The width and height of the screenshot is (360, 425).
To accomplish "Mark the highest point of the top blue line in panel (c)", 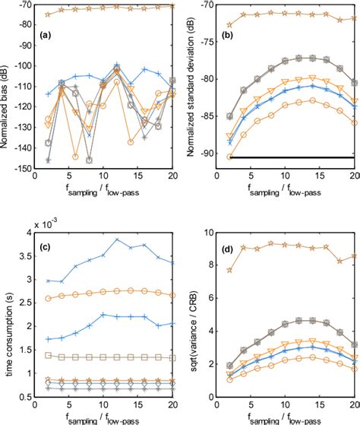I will point(117,239).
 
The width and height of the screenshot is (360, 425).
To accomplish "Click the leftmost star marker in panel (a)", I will point(48,14).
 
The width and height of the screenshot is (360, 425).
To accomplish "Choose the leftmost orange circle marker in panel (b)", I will point(230,156).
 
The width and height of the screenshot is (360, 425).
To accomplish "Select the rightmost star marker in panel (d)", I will point(354,257).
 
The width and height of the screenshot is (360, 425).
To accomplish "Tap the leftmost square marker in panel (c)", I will point(48,355).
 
